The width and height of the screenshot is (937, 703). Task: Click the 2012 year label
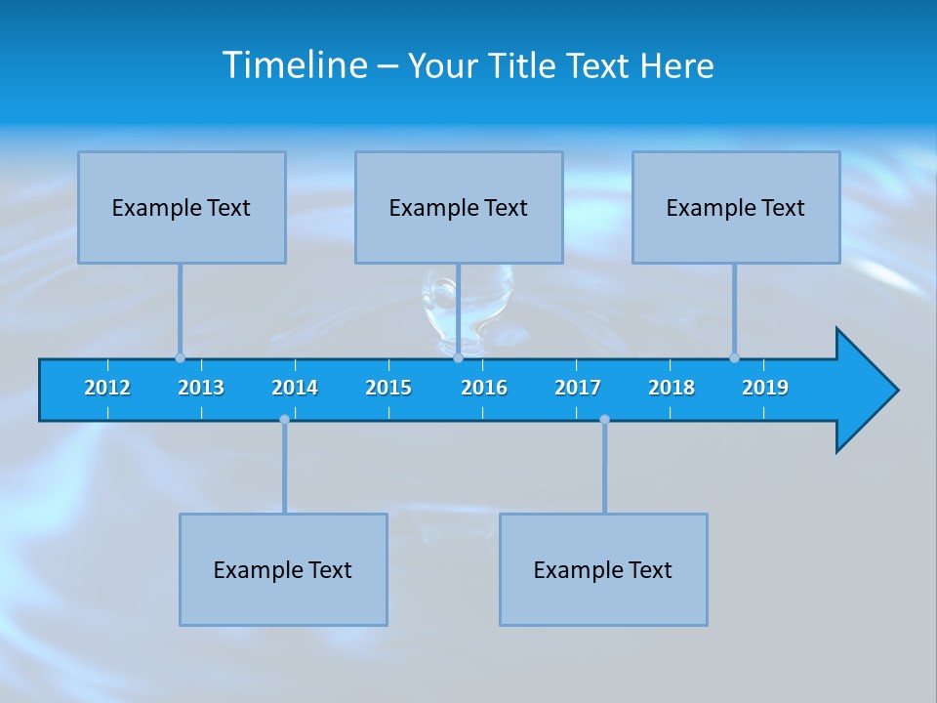point(107,388)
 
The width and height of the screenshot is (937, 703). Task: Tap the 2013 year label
point(201,388)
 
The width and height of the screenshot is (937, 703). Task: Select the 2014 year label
point(295,388)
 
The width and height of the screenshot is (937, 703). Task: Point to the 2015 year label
point(388,388)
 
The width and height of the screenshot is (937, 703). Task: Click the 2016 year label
point(484,388)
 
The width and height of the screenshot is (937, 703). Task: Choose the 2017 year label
point(578,388)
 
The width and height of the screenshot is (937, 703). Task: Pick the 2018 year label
point(672,388)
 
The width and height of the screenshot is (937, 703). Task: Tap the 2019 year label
point(765,388)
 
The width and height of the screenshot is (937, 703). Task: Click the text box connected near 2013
point(182,207)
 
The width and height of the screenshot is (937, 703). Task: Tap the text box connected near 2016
point(459,207)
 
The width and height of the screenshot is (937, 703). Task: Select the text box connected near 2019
point(736,207)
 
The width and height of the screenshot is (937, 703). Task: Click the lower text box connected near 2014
point(283,569)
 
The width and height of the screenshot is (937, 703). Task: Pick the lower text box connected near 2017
point(603,569)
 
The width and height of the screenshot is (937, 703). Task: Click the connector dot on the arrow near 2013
point(180,357)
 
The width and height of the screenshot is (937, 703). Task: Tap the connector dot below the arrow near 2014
point(284,420)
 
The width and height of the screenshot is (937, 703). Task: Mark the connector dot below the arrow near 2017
point(604,420)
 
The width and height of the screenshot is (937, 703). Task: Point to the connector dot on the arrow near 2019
point(734,357)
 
